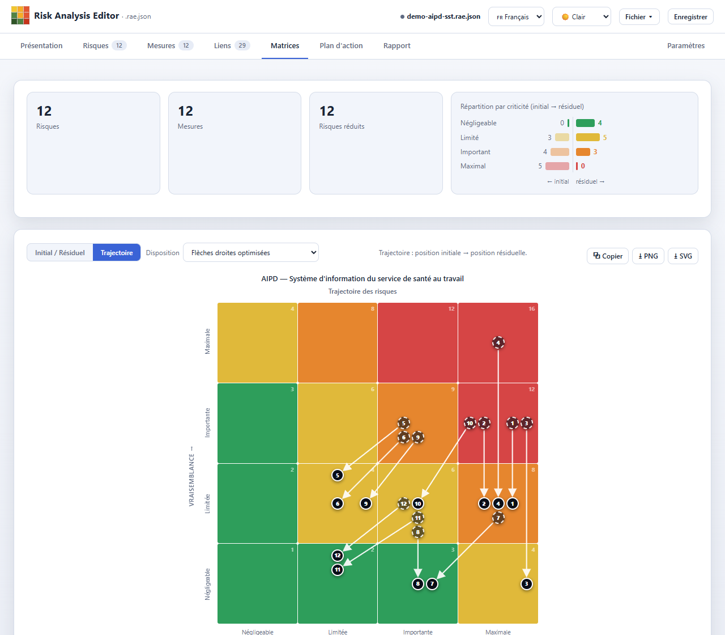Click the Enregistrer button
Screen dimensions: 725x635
click(x=690, y=16)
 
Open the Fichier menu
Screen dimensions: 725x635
click(x=639, y=16)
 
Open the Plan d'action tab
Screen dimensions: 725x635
click(x=341, y=45)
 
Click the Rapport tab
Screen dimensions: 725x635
click(x=396, y=45)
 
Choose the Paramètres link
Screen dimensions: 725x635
click(x=686, y=45)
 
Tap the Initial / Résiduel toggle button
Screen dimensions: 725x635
click(x=60, y=252)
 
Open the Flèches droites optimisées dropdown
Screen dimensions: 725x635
click(x=251, y=252)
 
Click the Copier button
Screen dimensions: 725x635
click(x=607, y=256)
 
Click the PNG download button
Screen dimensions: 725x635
click(x=648, y=256)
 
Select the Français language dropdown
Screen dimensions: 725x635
click(x=516, y=16)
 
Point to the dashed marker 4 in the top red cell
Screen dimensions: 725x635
click(x=498, y=342)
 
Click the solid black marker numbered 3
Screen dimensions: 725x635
click(x=526, y=583)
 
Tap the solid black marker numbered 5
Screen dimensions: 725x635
click(x=338, y=475)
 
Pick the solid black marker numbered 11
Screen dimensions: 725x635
click(x=338, y=570)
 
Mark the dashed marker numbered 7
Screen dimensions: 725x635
click(x=498, y=518)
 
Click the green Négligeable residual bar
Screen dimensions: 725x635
click(x=585, y=123)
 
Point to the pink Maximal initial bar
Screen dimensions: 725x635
click(x=557, y=166)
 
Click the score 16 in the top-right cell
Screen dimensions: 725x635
click(x=531, y=308)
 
